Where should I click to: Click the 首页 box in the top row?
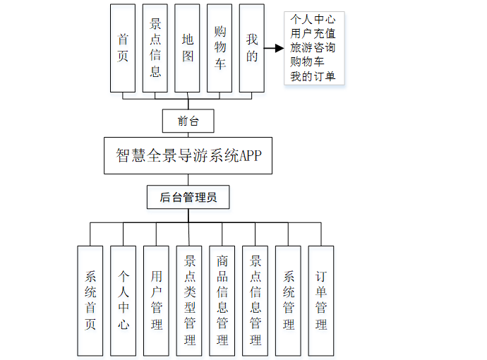123,47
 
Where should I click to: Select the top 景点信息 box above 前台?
155,47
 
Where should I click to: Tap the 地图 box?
188,47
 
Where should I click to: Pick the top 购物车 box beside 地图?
220,47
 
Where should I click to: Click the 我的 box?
252,47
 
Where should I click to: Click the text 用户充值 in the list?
313,33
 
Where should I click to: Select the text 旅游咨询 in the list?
313,47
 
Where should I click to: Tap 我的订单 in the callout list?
313,76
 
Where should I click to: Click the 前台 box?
188,121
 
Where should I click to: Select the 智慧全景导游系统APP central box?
188,155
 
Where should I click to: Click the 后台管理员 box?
188,197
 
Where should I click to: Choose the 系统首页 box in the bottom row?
90,300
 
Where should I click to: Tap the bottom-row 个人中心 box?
123,300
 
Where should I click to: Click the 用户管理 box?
156,300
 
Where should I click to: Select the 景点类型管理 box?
189,300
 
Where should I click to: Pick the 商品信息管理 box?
222,300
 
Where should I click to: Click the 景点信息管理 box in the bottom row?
255,300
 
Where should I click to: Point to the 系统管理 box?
288,300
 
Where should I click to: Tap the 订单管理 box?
321,300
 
